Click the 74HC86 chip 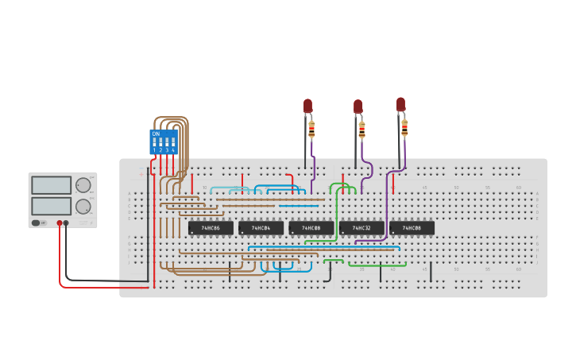(x=211, y=228)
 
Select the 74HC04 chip (x=261, y=228)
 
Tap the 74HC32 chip (x=361, y=228)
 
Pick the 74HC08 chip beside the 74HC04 (x=311, y=228)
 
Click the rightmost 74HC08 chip (x=412, y=228)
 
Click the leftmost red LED (x=308, y=106)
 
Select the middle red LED (x=358, y=106)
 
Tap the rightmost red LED (x=400, y=104)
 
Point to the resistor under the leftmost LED (x=311, y=129)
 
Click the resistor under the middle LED (x=362, y=129)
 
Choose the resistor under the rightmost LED (x=404, y=127)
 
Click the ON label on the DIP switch (x=156, y=134)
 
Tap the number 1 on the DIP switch (x=154, y=150)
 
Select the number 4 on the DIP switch (x=173, y=150)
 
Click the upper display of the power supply (x=52, y=185)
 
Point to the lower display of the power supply (x=52, y=206)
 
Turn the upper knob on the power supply (x=83, y=185)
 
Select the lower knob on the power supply (x=83, y=207)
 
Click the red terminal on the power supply (x=59, y=223)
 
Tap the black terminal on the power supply (x=66, y=223)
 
